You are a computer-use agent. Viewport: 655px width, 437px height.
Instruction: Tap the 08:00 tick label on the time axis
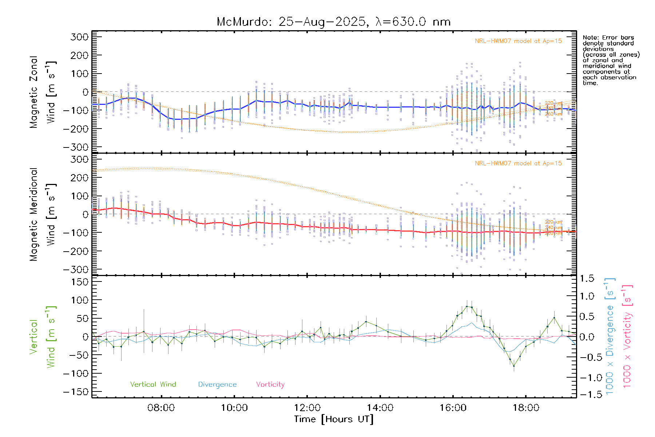[161, 408]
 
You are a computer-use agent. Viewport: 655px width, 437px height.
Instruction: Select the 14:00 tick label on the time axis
[380, 408]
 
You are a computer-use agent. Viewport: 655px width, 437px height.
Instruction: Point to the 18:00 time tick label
[526, 408]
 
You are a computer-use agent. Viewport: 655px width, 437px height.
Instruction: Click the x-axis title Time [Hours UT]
[334, 419]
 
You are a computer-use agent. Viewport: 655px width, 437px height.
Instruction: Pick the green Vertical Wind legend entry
[153, 385]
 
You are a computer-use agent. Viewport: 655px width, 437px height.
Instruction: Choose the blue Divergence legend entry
[217, 385]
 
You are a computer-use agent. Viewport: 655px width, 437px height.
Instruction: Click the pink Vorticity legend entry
[270, 385]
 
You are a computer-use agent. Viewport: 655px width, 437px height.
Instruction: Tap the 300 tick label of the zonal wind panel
[80, 37]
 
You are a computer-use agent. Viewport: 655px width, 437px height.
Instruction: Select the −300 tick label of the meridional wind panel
[76, 269]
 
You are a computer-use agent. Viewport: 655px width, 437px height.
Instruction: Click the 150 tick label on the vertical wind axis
[80, 282]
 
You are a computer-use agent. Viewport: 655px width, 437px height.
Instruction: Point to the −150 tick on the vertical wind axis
[76, 392]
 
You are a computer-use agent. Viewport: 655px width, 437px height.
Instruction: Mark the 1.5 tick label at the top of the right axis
[587, 279]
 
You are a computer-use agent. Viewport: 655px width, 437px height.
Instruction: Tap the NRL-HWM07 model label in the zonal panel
[518, 41]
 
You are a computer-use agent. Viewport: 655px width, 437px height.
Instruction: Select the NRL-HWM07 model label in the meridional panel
[518, 164]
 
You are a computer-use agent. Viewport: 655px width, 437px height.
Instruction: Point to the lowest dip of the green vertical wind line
[514, 366]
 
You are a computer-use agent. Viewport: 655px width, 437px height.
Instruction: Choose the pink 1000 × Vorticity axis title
[627, 336]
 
